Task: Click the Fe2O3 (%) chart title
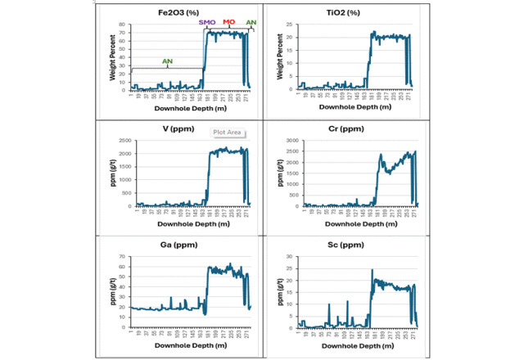click(x=178, y=13)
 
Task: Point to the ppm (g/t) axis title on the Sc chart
click(x=279, y=293)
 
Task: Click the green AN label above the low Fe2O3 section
click(x=167, y=61)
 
